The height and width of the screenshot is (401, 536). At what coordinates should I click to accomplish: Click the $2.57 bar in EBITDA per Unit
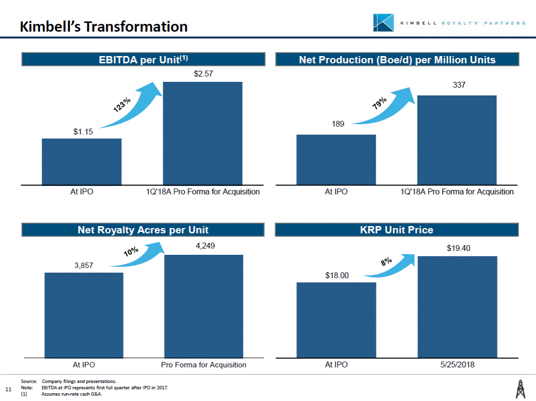pyautogui.click(x=202, y=133)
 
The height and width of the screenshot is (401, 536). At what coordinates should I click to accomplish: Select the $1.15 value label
pyautogui.click(x=83, y=131)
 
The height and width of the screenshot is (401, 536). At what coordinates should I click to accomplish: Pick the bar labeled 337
pyautogui.click(x=457, y=139)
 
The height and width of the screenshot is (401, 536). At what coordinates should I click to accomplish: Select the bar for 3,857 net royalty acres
pyautogui.click(x=84, y=314)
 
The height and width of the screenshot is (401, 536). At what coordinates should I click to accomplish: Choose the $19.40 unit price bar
pyautogui.click(x=457, y=306)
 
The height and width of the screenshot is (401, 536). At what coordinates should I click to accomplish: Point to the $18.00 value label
pyautogui.click(x=337, y=275)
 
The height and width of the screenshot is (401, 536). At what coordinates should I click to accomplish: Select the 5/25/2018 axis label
pyautogui.click(x=457, y=364)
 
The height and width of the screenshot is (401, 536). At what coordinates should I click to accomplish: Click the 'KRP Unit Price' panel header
pyautogui.click(x=397, y=229)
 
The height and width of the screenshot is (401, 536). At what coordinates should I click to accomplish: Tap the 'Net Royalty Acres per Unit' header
pyautogui.click(x=143, y=229)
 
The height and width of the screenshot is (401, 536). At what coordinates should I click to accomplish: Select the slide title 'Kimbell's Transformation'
pyautogui.click(x=104, y=27)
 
